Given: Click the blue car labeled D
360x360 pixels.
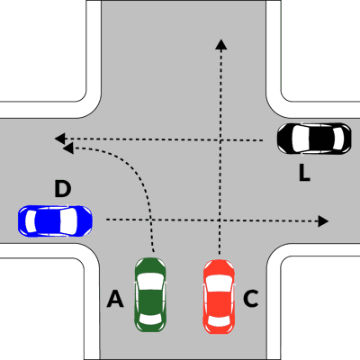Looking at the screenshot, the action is pyautogui.click(x=55, y=221).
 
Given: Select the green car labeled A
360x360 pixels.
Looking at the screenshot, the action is pyautogui.click(x=150, y=295).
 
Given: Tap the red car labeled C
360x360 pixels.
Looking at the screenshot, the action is pyautogui.click(x=219, y=296).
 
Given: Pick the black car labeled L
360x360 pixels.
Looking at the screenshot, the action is pyautogui.click(x=314, y=139).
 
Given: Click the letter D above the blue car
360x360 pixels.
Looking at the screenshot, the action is pyautogui.click(x=63, y=189).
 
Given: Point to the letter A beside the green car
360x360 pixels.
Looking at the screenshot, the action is pyautogui.click(x=115, y=299).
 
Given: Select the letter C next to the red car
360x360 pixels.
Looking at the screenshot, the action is pyautogui.click(x=251, y=299).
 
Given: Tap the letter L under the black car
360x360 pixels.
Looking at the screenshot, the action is pyautogui.click(x=304, y=174).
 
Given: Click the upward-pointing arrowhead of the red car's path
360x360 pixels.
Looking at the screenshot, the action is pyautogui.click(x=221, y=44).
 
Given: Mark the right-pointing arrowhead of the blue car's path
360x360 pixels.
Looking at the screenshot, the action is pyautogui.click(x=323, y=221).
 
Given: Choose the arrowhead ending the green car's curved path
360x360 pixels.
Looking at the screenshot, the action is pyautogui.click(x=68, y=148).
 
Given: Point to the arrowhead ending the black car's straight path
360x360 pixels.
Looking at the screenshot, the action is pyautogui.click(x=60, y=139).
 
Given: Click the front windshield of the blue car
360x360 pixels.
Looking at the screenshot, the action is pyautogui.click(x=68, y=221).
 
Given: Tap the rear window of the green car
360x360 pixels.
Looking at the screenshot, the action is pyautogui.click(x=150, y=319).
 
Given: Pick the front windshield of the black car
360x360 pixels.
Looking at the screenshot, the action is pyautogui.click(x=299, y=139).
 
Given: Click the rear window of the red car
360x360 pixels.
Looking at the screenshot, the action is pyautogui.click(x=219, y=320).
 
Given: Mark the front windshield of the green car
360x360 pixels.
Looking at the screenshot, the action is pyautogui.click(x=150, y=282).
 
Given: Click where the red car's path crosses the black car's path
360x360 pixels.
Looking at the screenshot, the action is pyautogui.click(x=221, y=139).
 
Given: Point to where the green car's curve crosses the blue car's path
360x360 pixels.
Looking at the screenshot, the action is pyautogui.click(x=151, y=220).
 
